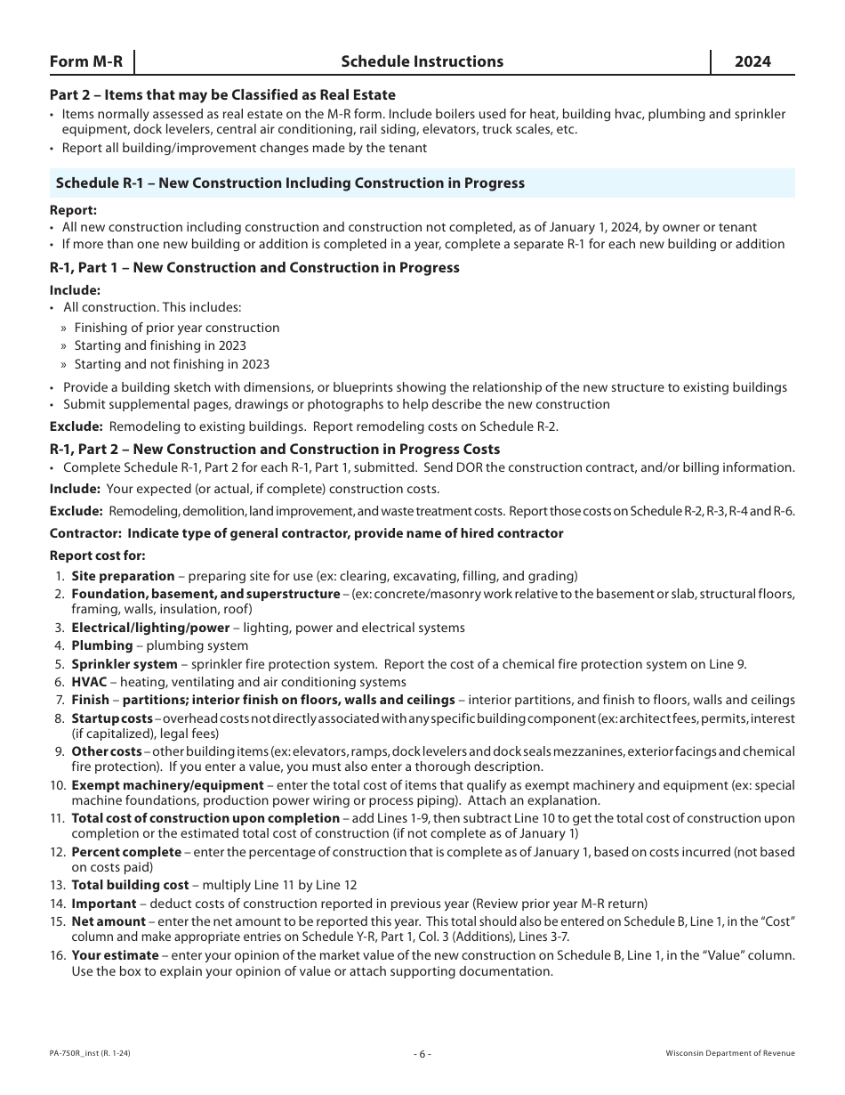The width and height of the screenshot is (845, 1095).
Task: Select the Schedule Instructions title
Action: tap(422, 61)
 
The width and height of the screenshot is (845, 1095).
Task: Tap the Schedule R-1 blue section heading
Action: tap(290, 183)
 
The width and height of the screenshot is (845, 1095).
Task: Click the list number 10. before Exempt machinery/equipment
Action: tap(58, 785)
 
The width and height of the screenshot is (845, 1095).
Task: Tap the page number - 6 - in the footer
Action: tap(422, 1054)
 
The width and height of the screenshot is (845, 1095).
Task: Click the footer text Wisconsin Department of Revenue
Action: tap(730, 1054)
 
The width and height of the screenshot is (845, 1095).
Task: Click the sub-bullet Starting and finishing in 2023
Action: tap(160, 345)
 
